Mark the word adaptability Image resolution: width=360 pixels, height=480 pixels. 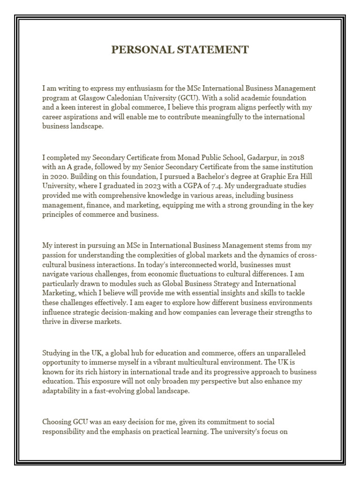(64, 390)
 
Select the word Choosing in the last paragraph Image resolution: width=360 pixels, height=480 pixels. (57, 422)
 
